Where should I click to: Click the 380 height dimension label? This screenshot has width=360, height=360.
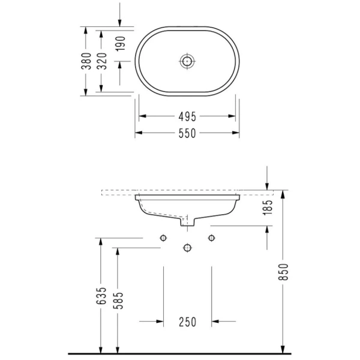86,61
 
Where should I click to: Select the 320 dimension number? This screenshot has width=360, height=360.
102,61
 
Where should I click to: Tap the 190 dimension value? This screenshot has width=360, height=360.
121,44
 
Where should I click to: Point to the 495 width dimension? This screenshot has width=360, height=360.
187,116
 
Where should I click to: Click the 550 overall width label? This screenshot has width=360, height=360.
187,133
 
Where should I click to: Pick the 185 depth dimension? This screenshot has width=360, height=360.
268,208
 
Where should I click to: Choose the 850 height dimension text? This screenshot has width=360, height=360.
283,272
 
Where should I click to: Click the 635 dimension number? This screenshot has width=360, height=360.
101,296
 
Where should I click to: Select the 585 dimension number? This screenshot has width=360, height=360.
118,301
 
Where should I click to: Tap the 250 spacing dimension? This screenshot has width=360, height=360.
188,322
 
